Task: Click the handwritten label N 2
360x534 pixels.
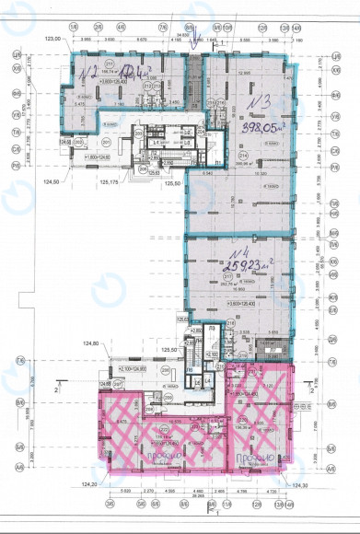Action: click(88, 70)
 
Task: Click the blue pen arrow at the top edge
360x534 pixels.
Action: click(192, 37)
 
